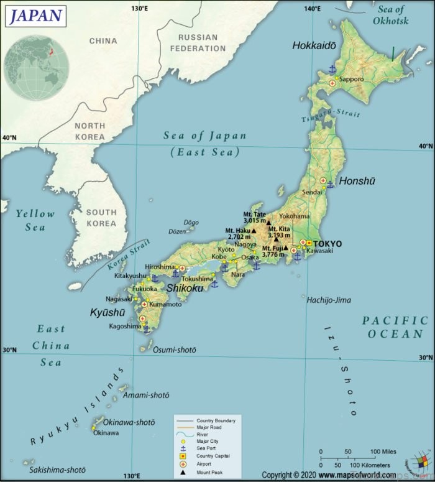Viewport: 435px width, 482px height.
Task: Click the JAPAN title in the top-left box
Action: [36, 15]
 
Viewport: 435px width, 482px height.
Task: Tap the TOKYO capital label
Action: [328, 243]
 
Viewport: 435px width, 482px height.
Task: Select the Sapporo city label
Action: [351, 79]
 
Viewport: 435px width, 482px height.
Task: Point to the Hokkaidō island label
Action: [314, 45]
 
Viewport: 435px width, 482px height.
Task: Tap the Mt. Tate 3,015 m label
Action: [255, 217]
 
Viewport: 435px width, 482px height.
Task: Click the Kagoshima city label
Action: [126, 326]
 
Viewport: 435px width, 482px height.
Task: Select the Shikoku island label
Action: [185, 288]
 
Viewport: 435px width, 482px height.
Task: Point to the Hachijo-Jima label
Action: [328, 300]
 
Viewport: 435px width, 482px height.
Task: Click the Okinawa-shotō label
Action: [129, 422]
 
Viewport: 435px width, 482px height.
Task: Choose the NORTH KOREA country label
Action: [90, 131]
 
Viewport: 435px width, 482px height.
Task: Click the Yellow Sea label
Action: [35, 220]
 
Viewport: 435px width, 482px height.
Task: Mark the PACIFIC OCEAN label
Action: [395, 327]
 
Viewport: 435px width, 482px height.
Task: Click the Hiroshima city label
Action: [160, 266]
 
